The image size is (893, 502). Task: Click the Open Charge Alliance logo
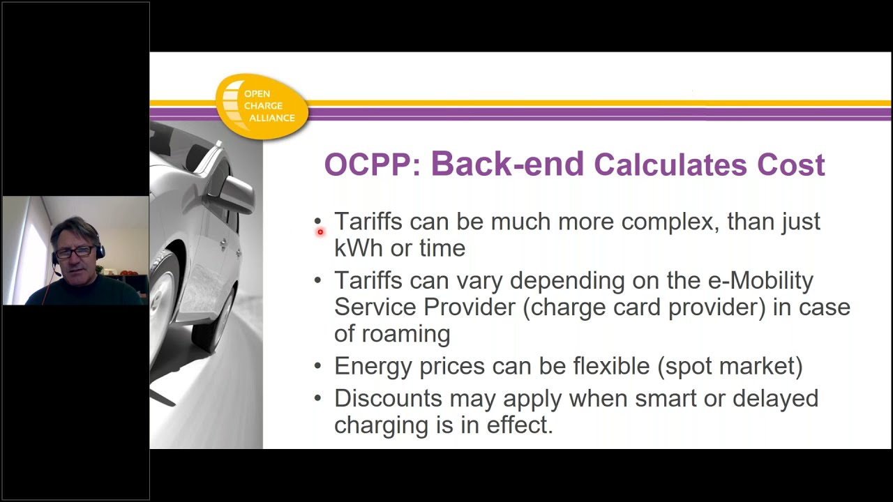262,106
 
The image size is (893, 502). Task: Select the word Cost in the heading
790,165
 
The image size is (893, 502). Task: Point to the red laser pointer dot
320,231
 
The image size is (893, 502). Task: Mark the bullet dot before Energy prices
318,367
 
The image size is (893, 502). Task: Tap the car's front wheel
163,300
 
